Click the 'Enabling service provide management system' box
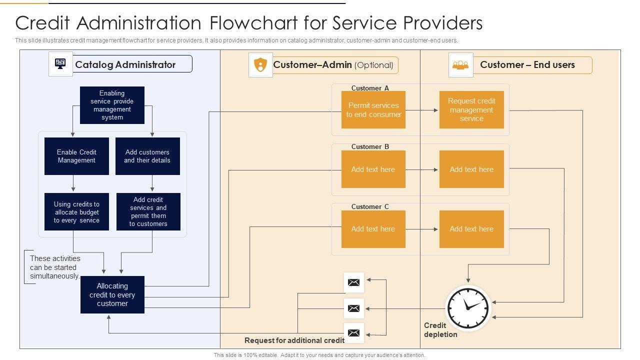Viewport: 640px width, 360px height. [112, 105]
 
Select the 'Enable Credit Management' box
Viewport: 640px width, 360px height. [76, 156]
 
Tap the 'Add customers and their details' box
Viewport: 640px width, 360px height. [147, 156]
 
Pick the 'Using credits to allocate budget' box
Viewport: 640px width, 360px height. [76, 212]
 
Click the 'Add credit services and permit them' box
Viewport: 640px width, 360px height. [148, 212]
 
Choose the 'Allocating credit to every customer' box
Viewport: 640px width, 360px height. [112, 295]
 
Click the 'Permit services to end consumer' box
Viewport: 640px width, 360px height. [373, 109]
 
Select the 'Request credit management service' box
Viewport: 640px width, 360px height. [471, 109]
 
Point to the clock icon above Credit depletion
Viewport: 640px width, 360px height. [468, 307]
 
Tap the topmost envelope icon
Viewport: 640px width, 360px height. [354, 282]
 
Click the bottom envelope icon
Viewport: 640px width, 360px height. [354, 332]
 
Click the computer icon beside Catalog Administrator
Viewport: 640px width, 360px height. [60, 64]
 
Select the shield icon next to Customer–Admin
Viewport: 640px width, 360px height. [260, 65]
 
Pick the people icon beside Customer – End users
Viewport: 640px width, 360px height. [460, 65]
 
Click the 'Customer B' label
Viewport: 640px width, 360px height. [370, 146]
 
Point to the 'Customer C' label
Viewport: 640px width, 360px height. [370, 206]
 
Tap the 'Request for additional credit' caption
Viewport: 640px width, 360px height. [294, 340]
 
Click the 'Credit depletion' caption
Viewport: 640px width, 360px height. [440, 330]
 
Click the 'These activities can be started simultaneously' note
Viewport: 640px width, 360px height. [54, 267]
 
